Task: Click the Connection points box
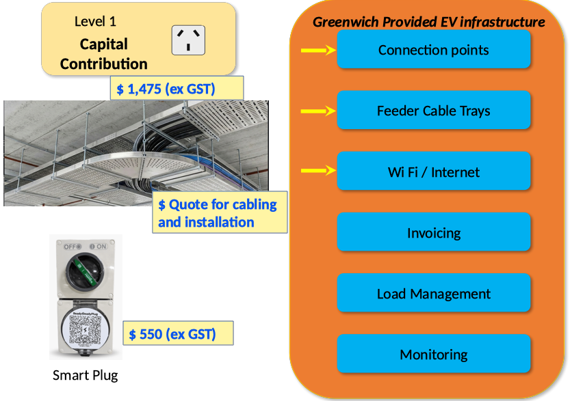434,49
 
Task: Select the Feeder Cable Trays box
434,110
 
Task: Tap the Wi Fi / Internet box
434,171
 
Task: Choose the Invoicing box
434,232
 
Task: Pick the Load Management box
434,293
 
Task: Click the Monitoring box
434,354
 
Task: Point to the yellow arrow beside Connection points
318,50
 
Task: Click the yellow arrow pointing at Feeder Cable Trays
318,111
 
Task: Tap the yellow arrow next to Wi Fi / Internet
318,170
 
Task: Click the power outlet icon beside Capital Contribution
188,40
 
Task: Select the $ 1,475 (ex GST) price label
177,88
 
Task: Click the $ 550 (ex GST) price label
178,333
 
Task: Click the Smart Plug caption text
85,375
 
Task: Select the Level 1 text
95,22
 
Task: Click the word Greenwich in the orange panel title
346,23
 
